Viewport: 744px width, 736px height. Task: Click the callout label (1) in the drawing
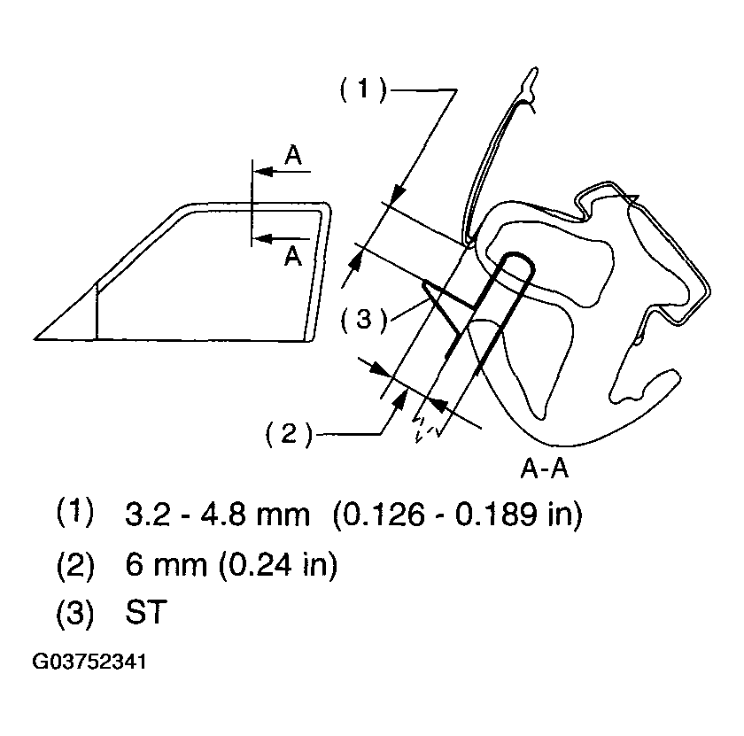tap(363, 89)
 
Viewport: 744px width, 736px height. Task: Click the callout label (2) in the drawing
tap(289, 434)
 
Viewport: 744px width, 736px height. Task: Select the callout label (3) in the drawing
tap(364, 320)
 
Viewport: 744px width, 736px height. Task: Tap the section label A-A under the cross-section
tap(544, 469)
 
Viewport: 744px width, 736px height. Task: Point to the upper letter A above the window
tap(293, 155)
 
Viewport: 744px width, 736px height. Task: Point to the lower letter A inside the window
tap(293, 256)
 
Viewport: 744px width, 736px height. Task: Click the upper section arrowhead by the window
tap(263, 171)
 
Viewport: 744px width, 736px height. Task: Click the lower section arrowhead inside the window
tap(263, 238)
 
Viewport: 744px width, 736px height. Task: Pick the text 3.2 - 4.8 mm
tap(217, 514)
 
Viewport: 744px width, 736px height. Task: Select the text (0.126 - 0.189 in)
tap(457, 514)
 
